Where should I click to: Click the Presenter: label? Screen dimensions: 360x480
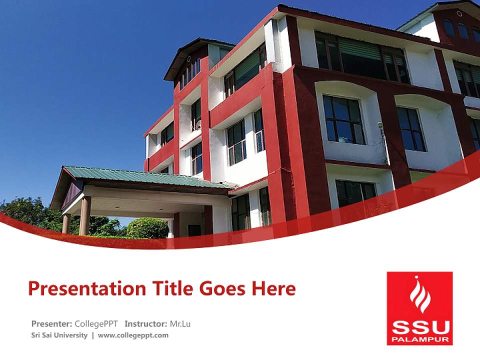click(x=52, y=323)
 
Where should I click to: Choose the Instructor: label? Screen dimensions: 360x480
click(x=145, y=323)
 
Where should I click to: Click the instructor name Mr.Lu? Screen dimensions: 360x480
click(x=180, y=323)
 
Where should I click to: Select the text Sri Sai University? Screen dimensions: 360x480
click(x=59, y=335)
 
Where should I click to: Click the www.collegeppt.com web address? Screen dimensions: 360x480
click(x=133, y=335)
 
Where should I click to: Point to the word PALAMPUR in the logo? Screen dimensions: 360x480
click(x=420, y=340)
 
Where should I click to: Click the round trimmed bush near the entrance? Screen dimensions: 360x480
click(x=147, y=228)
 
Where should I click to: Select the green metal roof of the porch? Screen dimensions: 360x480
click(x=145, y=177)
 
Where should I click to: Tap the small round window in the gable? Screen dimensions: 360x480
click(x=459, y=13)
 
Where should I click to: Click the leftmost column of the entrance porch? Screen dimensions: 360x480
click(x=65, y=223)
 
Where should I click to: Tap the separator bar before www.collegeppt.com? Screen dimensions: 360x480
click(x=92, y=335)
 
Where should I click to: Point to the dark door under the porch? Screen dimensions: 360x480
click(x=194, y=230)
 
